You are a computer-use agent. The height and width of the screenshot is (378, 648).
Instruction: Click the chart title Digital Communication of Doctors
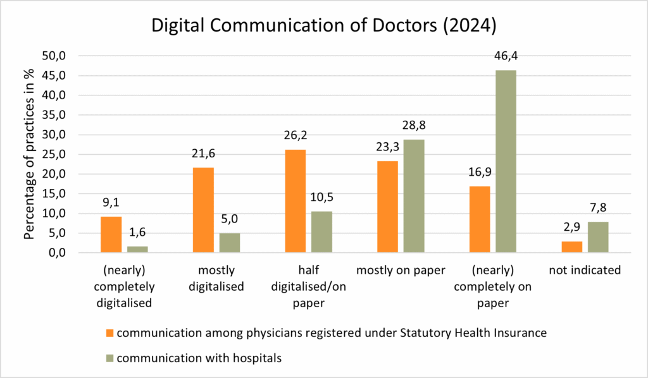coord(323,27)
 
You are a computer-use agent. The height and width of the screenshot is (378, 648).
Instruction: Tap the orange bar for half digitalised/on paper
coord(295,201)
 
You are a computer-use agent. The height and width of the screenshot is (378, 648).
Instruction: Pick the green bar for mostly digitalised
coord(229,243)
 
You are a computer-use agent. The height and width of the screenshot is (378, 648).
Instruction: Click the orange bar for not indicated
coord(572,247)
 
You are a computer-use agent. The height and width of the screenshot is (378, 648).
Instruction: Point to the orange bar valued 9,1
coord(111,235)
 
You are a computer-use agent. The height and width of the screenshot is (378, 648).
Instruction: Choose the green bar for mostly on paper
coord(414,196)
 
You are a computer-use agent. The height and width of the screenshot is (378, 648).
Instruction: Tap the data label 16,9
coord(479,173)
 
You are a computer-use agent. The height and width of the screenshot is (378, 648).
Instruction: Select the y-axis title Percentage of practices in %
coord(29,154)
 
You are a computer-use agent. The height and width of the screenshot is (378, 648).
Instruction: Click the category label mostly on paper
coord(401,270)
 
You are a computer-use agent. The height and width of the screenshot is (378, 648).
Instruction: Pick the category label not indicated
coord(585,270)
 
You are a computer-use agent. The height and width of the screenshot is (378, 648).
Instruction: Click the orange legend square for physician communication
coord(109,332)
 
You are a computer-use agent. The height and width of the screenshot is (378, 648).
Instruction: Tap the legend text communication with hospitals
coord(199,358)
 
